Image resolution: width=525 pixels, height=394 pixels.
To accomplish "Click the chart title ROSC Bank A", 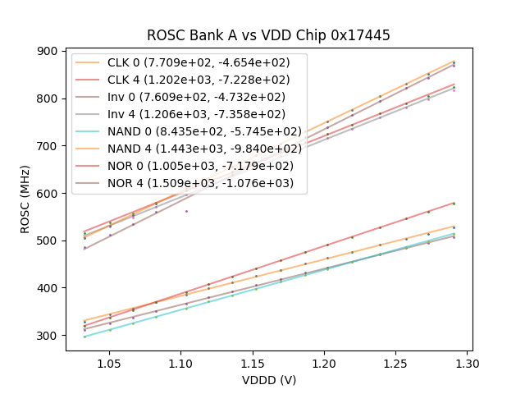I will [x=268, y=35].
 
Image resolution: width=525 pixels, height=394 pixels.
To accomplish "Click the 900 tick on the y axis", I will [x=49, y=51].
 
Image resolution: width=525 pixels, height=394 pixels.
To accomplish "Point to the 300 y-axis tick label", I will [x=49, y=336].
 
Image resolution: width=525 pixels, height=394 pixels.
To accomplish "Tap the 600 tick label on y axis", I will [x=49, y=194].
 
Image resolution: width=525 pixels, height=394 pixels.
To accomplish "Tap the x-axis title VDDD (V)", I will [x=268, y=380].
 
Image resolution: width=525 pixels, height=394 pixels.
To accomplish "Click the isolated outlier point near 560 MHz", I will [x=186, y=211].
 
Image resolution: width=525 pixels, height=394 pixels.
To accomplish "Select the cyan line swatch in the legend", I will [x=88, y=131].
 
